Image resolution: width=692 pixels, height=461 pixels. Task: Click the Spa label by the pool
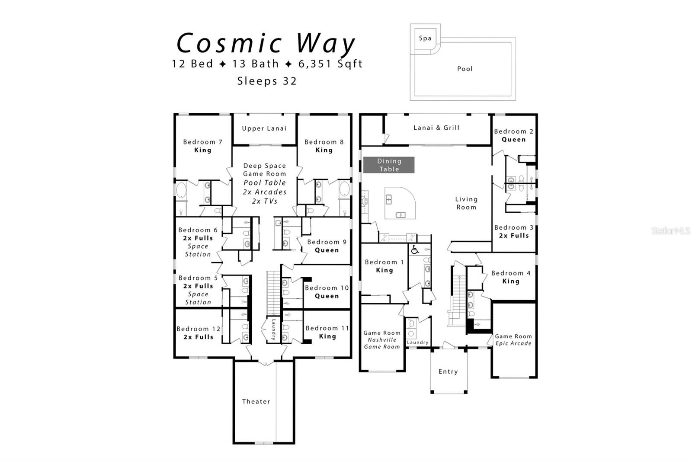pyautogui.click(x=425, y=38)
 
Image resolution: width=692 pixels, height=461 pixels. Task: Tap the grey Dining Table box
pyautogui.click(x=389, y=165)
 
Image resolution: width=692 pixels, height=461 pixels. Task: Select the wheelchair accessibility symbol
pyautogui.click(x=415, y=250)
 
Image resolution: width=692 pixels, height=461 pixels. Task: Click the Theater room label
pyautogui.click(x=256, y=401)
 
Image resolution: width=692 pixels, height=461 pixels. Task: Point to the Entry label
pyautogui.click(x=448, y=371)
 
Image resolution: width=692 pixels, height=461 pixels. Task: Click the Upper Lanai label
pyautogui.click(x=264, y=128)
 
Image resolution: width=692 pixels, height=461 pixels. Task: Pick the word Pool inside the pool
pyautogui.click(x=465, y=69)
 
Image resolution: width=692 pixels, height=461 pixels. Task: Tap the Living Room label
pyautogui.click(x=466, y=203)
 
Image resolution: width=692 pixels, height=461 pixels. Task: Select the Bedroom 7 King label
pyautogui.click(x=202, y=146)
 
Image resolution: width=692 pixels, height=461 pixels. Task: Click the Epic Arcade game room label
pyautogui.click(x=513, y=340)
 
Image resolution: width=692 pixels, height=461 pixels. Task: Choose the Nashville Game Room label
pyautogui.click(x=382, y=340)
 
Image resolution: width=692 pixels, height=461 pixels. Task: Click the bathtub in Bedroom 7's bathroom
pyautogui.click(x=181, y=191)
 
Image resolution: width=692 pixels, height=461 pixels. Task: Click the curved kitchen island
pyautogui.click(x=400, y=203)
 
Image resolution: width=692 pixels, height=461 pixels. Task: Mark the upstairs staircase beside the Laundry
pyautogui.click(x=273, y=293)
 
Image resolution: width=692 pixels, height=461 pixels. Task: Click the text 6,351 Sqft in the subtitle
pyautogui.click(x=330, y=64)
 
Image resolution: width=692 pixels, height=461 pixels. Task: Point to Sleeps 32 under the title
pyautogui.click(x=267, y=81)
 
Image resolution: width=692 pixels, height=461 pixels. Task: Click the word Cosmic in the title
pyautogui.click(x=230, y=44)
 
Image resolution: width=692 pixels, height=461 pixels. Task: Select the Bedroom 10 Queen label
pyautogui.click(x=327, y=292)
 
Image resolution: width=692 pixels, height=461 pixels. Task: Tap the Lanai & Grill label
pyautogui.click(x=436, y=128)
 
